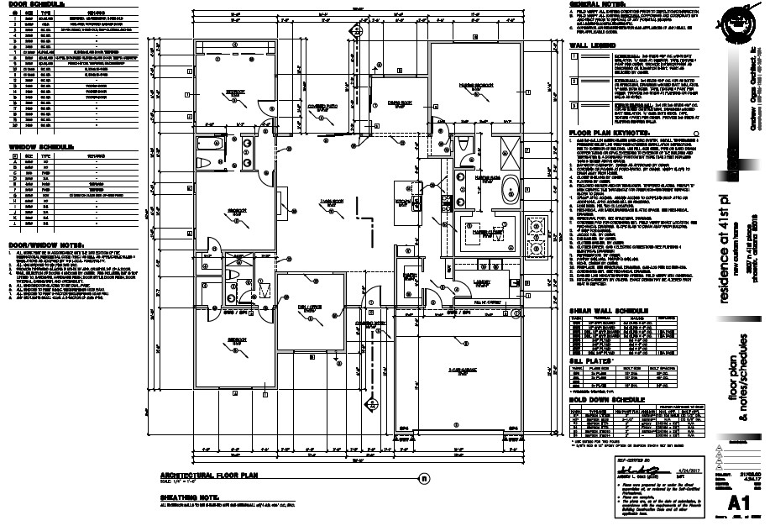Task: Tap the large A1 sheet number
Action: [x=739, y=503]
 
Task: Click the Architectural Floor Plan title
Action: [x=211, y=476]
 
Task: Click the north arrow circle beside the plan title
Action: [x=424, y=479]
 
